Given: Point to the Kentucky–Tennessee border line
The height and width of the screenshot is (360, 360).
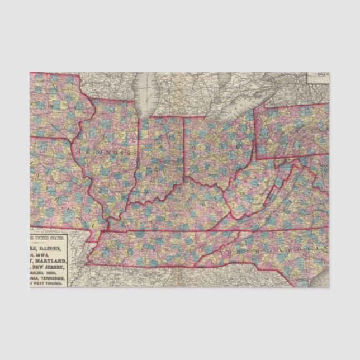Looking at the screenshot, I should tap(168, 231).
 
